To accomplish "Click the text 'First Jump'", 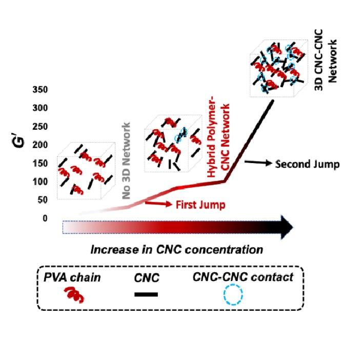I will pyautogui.click(x=200, y=204).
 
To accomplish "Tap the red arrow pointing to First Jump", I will pyautogui.click(x=159, y=204).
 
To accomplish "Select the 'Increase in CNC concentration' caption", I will pyautogui.click(x=177, y=250).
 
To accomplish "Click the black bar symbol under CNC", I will pyautogui.click(x=146, y=294).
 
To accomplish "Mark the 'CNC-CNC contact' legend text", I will pyautogui.click(x=243, y=277).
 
